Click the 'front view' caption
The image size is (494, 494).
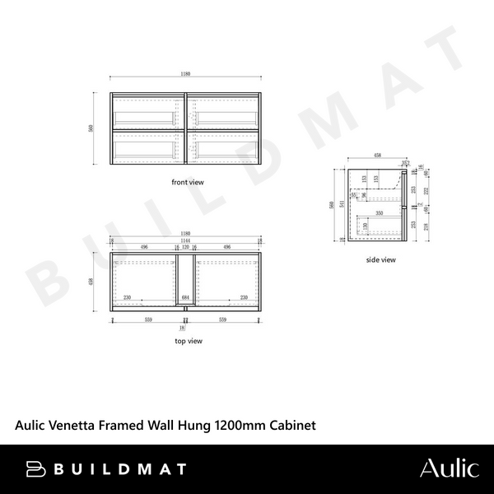tap(187, 182)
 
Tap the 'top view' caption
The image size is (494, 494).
tap(189, 340)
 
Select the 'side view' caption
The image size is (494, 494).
tap(381, 259)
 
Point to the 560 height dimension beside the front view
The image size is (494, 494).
tap(100, 128)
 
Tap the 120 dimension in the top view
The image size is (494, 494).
tap(185, 245)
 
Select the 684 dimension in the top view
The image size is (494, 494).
tap(186, 298)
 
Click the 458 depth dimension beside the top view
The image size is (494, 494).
tap(100, 282)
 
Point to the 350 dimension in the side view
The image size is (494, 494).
tap(378, 213)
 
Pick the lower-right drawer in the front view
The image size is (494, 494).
tap(226, 149)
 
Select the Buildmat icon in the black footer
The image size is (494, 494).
tap(35, 468)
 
